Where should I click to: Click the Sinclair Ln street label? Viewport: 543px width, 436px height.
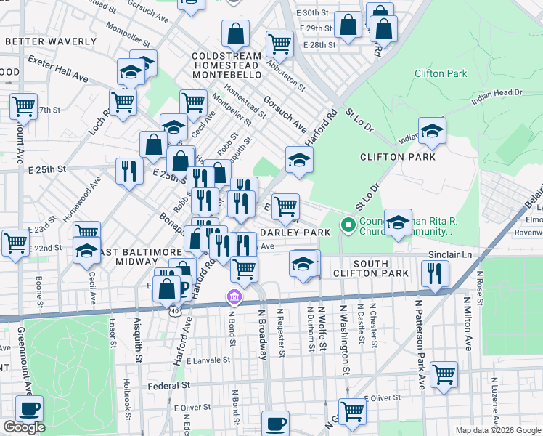pyautogui.click(x=452, y=255)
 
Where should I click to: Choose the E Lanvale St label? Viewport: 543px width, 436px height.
pyautogui.click(x=208, y=360)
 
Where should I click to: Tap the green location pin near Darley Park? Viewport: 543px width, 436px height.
pyautogui.click(x=348, y=226)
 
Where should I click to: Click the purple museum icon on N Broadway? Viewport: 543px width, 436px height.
pyautogui.click(x=234, y=297)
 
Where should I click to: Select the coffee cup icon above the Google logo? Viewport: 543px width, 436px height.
pyautogui.click(x=29, y=408)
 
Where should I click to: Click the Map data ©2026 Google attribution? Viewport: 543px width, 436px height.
pyautogui.click(x=497, y=430)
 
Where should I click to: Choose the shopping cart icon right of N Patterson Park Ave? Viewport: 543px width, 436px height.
pyautogui.click(x=444, y=374)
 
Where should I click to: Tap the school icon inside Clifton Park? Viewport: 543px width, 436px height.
pyautogui.click(x=432, y=130)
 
